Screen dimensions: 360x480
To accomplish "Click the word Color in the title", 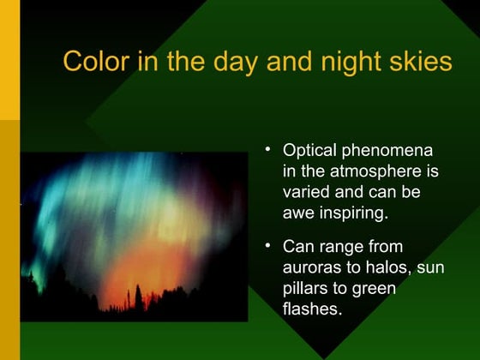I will (x=95, y=63).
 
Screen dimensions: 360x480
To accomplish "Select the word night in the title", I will (x=345, y=63).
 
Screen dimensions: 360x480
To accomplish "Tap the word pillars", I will (x=304, y=289).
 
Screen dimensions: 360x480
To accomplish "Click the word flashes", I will (x=311, y=309).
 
